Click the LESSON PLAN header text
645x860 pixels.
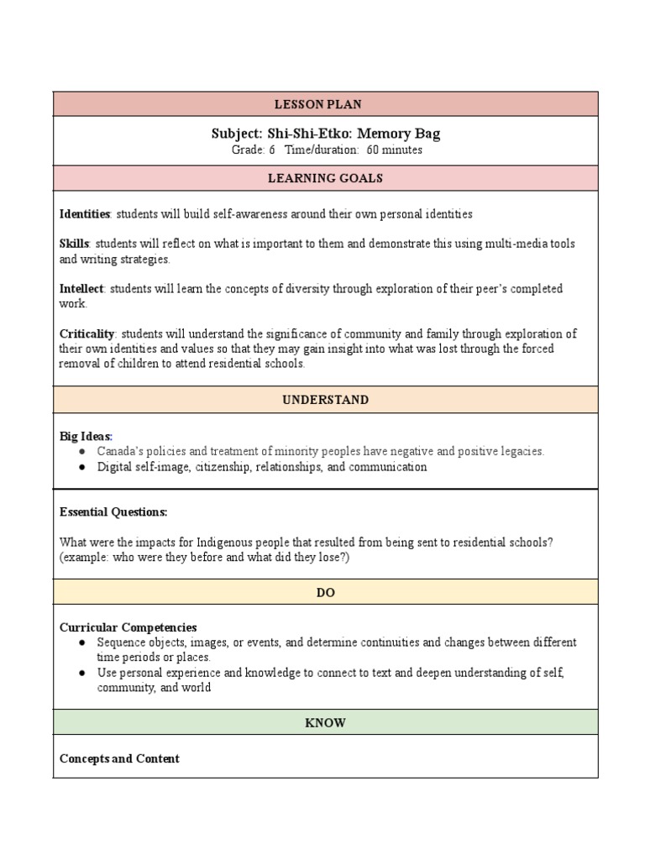click(325, 104)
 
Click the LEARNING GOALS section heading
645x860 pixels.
click(325, 178)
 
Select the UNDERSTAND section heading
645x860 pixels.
click(325, 400)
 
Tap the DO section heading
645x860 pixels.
click(325, 592)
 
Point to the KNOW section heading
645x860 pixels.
click(325, 722)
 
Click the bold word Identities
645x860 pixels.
click(85, 214)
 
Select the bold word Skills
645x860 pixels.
click(75, 244)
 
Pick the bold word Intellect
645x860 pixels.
click(81, 289)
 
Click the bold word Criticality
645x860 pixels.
click(86, 333)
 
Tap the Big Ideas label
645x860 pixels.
click(86, 437)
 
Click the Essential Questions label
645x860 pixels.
click(113, 511)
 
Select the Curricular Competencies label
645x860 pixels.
click(128, 627)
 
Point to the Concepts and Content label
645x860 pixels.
click(119, 758)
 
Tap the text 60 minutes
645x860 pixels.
click(395, 150)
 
